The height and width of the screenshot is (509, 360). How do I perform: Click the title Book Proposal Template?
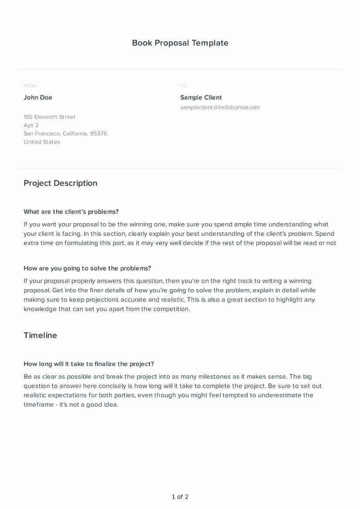point(180,43)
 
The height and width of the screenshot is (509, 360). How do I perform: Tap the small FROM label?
point(30,86)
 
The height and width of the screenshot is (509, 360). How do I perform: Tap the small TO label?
point(183,86)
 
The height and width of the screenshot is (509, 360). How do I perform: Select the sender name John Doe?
point(38,97)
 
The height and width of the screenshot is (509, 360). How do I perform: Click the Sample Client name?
point(201,97)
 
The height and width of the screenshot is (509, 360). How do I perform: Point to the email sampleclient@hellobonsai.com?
point(220,107)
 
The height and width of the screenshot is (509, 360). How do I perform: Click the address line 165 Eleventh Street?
point(49,117)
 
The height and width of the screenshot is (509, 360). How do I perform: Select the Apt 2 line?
point(31,125)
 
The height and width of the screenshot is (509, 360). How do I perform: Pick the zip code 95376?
point(98,134)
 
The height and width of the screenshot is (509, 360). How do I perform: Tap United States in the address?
point(42,142)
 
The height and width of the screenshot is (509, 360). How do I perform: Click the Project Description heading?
point(61,183)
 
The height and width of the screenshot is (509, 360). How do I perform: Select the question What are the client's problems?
point(71,212)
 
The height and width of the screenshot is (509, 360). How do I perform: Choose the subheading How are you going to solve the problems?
point(87,268)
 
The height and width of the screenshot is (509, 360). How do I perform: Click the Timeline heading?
point(40,335)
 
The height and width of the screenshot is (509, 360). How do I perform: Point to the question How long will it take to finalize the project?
point(89,364)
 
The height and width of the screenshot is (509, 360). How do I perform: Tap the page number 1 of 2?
point(180,497)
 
